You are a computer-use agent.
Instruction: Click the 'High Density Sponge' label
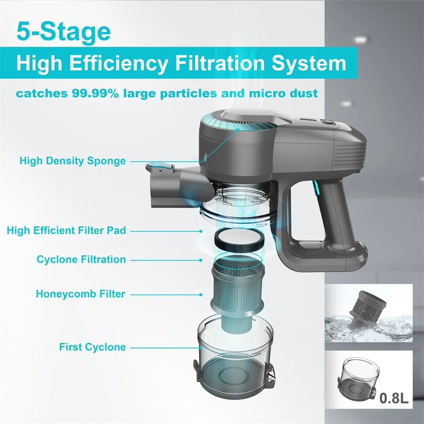(x=72, y=161)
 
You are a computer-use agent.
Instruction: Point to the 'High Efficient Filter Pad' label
(x=66, y=230)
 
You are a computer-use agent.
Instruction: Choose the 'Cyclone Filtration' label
(x=81, y=259)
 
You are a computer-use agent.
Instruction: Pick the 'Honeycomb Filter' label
(x=80, y=294)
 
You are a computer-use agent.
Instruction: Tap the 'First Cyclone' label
(x=92, y=347)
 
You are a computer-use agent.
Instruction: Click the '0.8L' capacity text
(x=393, y=398)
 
